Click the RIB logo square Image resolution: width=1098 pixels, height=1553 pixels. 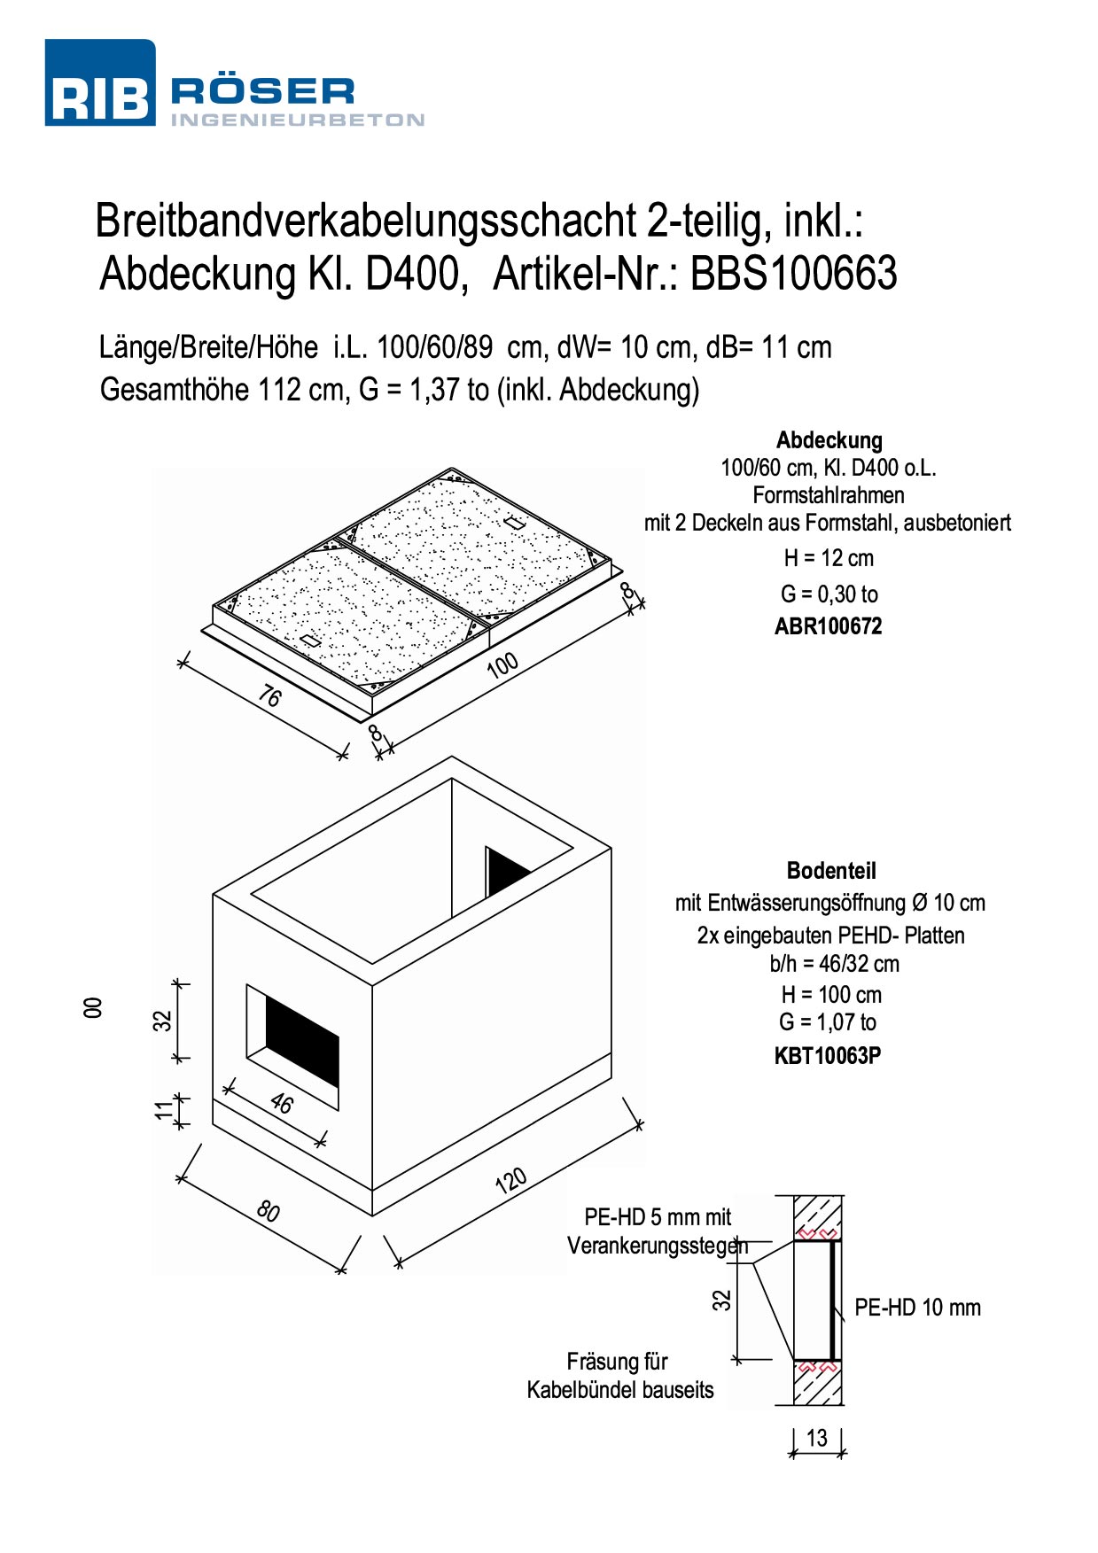(x=100, y=82)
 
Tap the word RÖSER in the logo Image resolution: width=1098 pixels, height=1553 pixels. (x=262, y=91)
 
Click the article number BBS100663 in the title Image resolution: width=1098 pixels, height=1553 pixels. (x=793, y=273)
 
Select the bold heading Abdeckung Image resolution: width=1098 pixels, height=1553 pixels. (x=829, y=440)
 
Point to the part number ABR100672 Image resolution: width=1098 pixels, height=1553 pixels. (x=829, y=626)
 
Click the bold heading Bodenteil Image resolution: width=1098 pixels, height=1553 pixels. (x=831, y=871)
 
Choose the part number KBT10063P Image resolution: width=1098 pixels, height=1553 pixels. (x=828, y=1055)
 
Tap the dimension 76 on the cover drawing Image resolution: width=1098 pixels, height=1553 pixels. (x=269, y=697)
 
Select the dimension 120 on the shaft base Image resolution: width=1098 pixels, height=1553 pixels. (x=511, y=1181)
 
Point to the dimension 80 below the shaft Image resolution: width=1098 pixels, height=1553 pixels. (x=268, y=1210)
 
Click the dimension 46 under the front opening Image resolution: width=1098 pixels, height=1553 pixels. (x=281, y=1103)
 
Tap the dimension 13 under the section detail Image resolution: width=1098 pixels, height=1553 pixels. (x=816, y=1437)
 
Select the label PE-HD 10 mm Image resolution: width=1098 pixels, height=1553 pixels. (x=917, y=1308)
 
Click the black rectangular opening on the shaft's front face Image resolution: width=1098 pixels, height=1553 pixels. (x=302, y=1042)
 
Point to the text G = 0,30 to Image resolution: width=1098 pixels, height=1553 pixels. (x=829, y=594)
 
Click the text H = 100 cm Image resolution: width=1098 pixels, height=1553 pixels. (x=831, y=994)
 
